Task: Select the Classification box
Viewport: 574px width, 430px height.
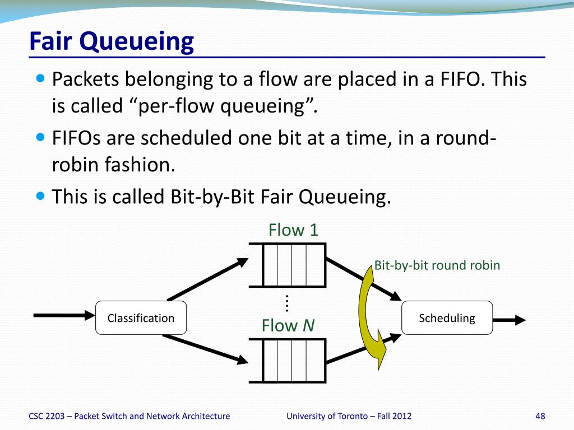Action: pyautogui.click(x=141, y=318)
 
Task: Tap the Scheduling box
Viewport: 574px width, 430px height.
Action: pyautogui.click(x=447, y=318)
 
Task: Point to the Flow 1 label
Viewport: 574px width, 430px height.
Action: pyautogui.click(x=293, y=230)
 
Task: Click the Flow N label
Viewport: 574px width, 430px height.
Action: pyautogui.click(x=288, y=325)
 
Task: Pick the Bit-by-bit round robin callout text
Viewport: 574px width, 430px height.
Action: pyautogui.click(x=437, y=265)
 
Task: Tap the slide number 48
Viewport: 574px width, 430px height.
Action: pyautogui.click(x=540, y=415)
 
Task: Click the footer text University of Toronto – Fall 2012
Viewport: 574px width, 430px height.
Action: pyautogui.click(x=349, y=415)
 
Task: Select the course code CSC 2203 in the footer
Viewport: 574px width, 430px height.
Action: pyautogui.click(x=49, y=415)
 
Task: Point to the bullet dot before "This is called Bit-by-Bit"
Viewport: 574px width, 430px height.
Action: pyautogui.click(x=40, y=196)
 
